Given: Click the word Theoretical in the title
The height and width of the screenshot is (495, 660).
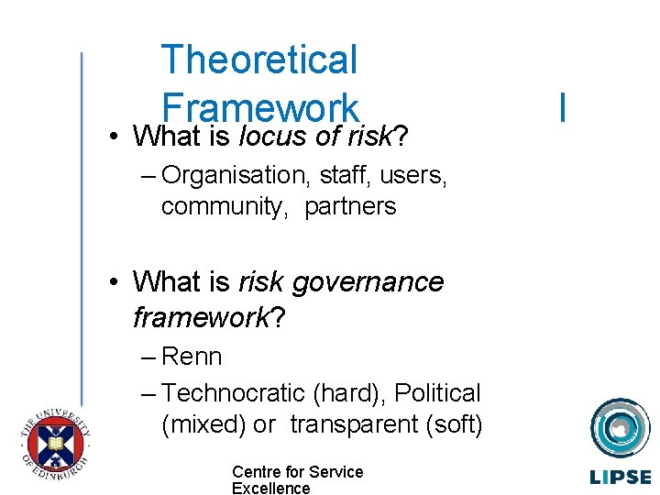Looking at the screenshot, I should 258,60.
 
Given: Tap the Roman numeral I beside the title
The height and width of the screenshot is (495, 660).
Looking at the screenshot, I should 561,107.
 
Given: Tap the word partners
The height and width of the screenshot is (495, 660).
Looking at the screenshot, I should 350,206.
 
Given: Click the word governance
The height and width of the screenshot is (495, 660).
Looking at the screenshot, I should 367,282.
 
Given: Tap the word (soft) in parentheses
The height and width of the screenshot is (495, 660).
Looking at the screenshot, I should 453,424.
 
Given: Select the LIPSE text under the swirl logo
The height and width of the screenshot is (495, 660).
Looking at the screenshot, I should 620,477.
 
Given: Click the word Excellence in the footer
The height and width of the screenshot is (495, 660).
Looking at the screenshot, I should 270,489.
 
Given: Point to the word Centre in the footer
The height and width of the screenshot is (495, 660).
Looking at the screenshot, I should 255,472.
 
